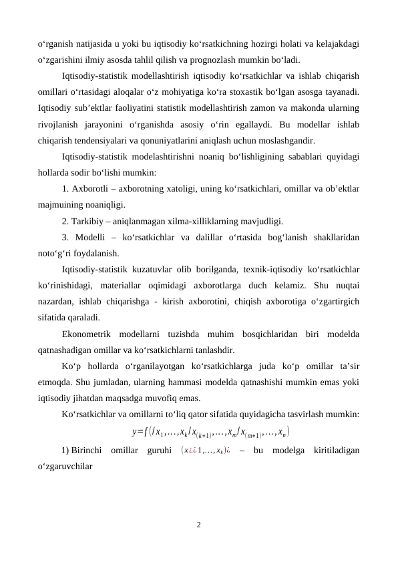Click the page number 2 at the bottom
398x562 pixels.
click(x=198, y=524)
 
